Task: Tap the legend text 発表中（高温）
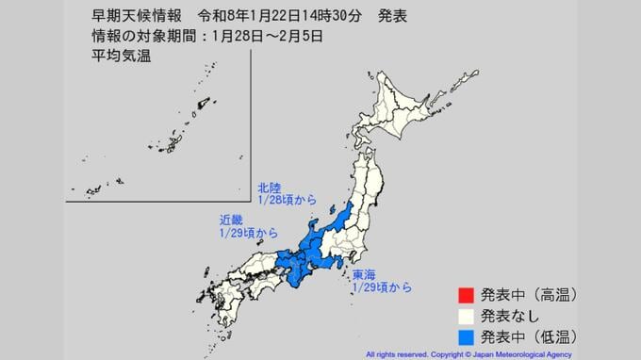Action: click(x=528, y=295)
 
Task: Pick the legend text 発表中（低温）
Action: click(x=528, y=335)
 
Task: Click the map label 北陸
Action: click(x=270, y=188)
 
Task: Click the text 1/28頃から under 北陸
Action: click(x=287, y=200)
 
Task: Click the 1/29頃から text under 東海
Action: click(x=381, y=286)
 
